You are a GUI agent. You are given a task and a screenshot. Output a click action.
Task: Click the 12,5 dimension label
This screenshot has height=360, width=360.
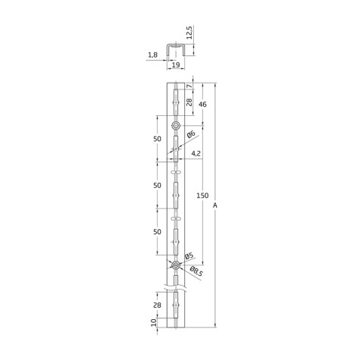[x=189, y=32]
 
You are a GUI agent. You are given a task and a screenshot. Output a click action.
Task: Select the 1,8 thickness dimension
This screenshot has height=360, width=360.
[x=152, y=55]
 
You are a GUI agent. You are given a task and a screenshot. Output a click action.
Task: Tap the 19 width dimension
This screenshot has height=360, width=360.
[x=176, y=65]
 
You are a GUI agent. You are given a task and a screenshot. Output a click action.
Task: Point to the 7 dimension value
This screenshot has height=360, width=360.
[x=189, y=86]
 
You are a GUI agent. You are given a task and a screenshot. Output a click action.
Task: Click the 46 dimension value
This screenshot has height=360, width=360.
[x=202, y=104]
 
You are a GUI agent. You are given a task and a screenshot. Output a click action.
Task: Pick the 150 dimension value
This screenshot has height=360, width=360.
[x=202, y=196]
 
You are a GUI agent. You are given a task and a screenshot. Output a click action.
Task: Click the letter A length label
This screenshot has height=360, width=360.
[x=215, y=205]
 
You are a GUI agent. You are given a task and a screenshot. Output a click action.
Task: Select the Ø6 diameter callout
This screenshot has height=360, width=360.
[x=191, y=134]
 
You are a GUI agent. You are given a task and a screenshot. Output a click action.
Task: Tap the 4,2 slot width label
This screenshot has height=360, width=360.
[x=196, y=153]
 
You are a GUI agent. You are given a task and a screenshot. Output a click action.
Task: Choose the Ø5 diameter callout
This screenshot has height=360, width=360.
[x=189, y=256]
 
